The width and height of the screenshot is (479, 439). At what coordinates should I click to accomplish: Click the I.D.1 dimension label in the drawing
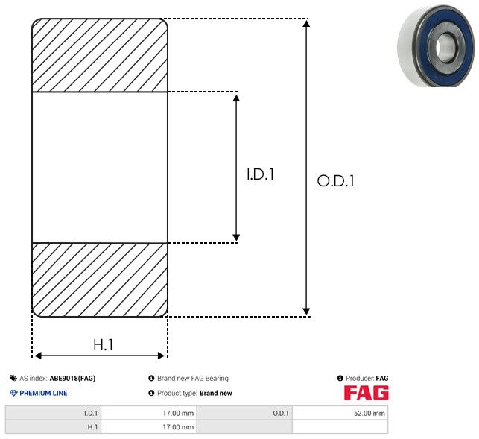tap(261, 175)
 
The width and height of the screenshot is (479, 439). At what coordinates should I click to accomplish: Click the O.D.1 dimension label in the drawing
tap(335, 181)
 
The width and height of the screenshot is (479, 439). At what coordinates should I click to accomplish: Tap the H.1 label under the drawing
tap(103, 344)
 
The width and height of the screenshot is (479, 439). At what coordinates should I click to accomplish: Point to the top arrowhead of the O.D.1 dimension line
tap(306, 25)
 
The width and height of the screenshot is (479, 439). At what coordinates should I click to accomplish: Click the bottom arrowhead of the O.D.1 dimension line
tap(306, 310)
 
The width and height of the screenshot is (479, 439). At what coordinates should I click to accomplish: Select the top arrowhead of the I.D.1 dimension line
tap(236, 98)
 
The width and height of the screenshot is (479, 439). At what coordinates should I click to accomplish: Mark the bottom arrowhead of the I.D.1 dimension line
tap(236, 236)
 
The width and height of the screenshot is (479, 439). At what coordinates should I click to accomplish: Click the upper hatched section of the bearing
tap(100, 56)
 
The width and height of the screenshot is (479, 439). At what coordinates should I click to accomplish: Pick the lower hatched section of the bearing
tap(100, 279)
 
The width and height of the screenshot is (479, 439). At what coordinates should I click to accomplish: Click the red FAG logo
tap(366, 393)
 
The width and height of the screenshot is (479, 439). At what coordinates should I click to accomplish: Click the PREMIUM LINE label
tap(43, 393)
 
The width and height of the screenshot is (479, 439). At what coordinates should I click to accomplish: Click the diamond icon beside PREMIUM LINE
tap(13, 393)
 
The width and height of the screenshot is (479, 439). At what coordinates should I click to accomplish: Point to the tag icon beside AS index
tap(13, 379)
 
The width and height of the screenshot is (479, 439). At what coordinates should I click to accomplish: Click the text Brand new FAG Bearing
tap(192, 379)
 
